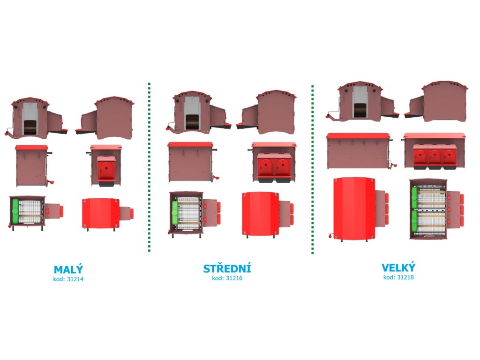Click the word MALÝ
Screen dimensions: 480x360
pos(68,270)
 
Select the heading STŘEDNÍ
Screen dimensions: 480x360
pos(227,269)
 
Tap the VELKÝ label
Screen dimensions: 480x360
pos(398,268)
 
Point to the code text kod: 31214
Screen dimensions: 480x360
pos(68,279)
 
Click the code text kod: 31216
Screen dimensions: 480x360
pos(227,278)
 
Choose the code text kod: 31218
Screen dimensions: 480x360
pos(398,277)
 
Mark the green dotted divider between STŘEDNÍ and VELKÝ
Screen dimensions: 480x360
pos(313,169)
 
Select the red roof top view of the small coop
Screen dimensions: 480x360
pos(99,213)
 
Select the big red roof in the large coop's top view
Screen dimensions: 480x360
pos(354,208)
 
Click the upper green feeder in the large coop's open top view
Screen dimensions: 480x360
pos(414,198)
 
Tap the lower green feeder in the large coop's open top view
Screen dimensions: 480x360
pos(414,221)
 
